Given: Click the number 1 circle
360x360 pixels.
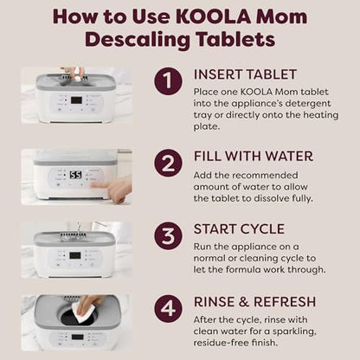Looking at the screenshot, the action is (168, 81).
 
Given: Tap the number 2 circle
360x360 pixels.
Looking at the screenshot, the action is (168, 163).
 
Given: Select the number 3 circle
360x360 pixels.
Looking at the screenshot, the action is (168, 235).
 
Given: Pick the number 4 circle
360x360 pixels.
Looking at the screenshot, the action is (168, 309).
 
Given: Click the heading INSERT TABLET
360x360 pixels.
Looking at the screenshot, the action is (245, 74).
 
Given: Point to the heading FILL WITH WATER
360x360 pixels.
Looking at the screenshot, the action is (254, 157).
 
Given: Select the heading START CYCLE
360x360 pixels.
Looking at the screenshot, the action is (239, 229).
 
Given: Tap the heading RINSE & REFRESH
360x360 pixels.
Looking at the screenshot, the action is (254, 302).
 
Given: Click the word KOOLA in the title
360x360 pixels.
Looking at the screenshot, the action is (213, 16).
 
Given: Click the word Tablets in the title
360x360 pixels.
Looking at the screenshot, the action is (235, 39).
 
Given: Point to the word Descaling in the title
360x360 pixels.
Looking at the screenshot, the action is (138, 41).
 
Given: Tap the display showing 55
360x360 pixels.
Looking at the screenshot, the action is (76, 175).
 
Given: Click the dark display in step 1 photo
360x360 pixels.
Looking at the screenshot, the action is (77, 100).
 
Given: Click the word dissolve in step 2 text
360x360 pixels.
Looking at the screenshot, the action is (271, 198).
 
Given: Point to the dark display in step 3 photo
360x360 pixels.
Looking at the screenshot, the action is (75, 255).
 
